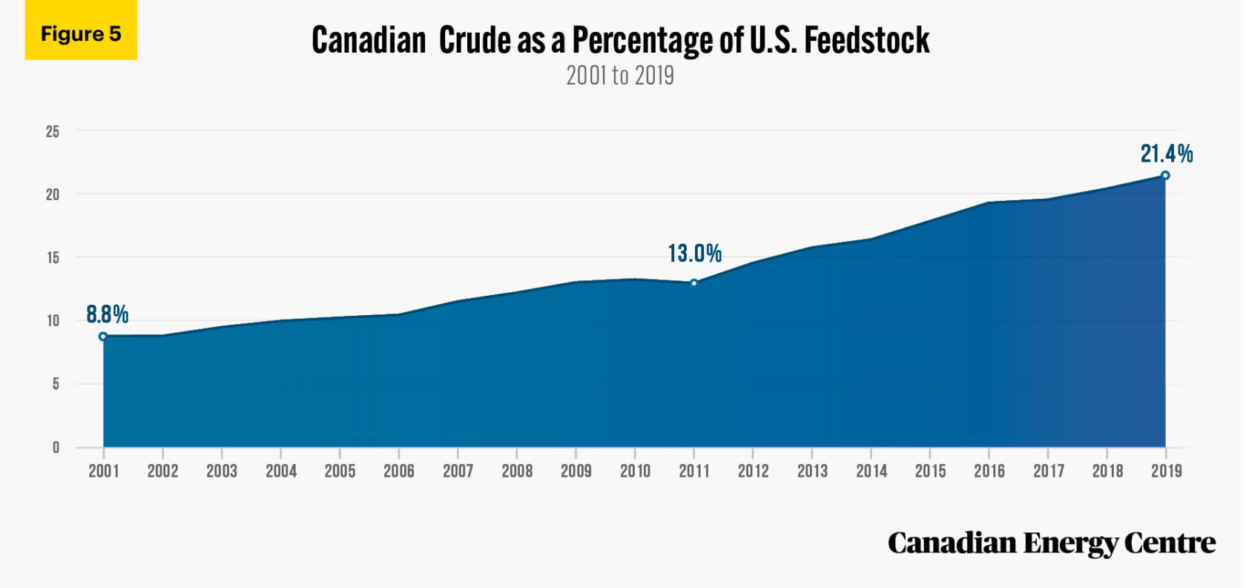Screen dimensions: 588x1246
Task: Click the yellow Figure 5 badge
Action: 81,31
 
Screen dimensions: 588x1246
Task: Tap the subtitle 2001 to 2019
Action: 620,76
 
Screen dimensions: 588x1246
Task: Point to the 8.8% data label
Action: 108,314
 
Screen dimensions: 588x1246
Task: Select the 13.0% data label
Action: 695,254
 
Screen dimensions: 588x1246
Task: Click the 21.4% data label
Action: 1167,153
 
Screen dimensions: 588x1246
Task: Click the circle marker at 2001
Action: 103,337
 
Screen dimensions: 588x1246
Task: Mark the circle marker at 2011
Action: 694,283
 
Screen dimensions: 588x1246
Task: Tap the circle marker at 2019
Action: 1165,176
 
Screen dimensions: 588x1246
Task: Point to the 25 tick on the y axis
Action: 53,131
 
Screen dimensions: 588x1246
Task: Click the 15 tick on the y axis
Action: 53,258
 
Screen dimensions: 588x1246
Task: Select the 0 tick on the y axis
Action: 56,447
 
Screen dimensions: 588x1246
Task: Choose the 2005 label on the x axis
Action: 340,471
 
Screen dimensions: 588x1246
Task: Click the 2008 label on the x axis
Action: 517,471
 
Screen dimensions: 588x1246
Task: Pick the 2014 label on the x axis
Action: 871,471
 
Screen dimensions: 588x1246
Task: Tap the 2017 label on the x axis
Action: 1049,471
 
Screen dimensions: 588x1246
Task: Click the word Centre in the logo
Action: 1170,543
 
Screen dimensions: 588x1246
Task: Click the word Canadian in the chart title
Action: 369,40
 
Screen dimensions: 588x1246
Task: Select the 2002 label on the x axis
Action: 162,471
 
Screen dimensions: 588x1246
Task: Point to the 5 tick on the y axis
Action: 56,384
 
